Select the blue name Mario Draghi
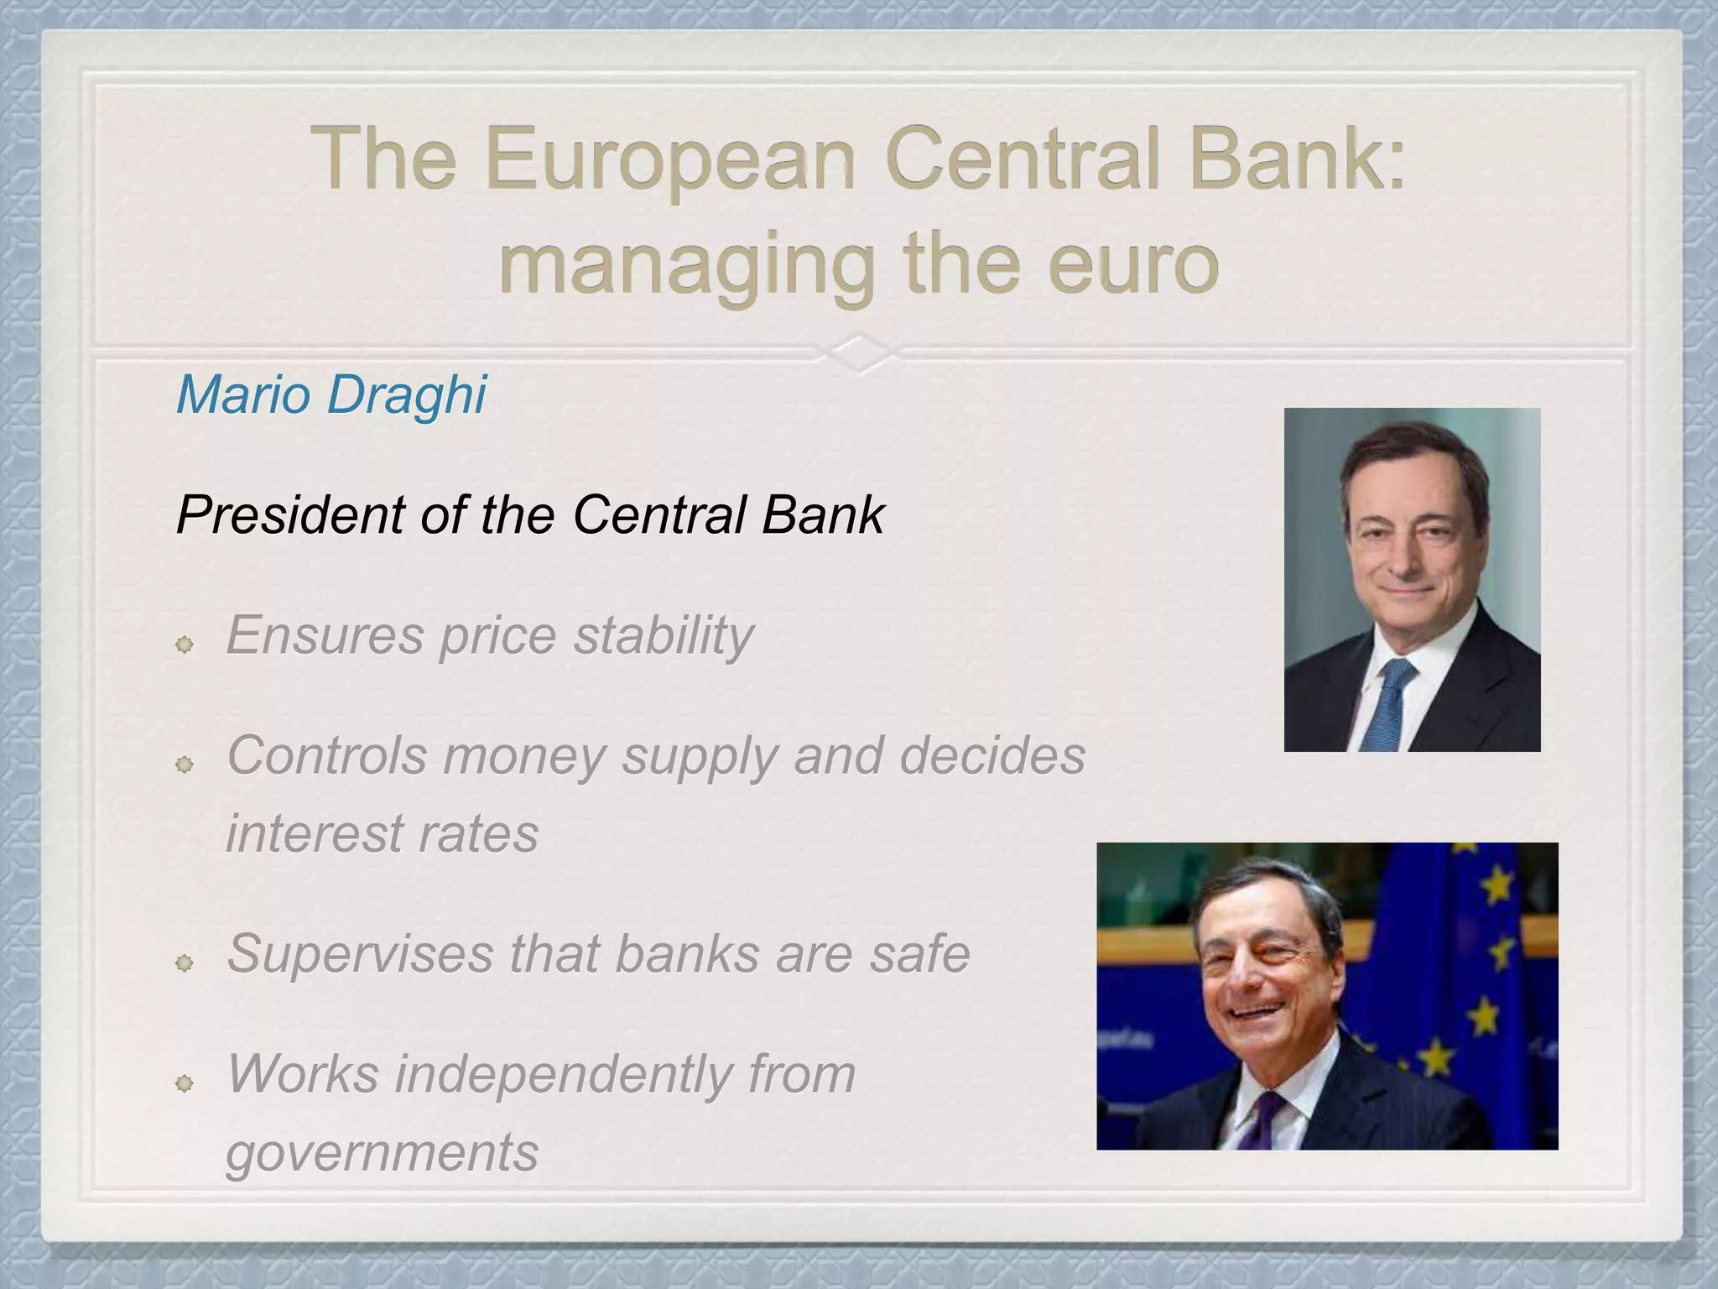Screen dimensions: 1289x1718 pyautogui.click(x=331, y=394)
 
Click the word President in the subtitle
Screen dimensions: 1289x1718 pyautogui.click(x=289, y=514)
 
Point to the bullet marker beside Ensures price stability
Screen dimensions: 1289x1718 pyautogui.click(x=185, y=644)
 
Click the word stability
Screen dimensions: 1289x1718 pyautogui.click(x=664, y=635)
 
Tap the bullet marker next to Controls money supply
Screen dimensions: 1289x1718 pyautogui.click(x=185, y=765)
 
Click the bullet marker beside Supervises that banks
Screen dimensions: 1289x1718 pyautogui.click(x=185, y=963)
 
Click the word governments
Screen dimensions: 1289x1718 pyautogui.click(x=382, y=1152)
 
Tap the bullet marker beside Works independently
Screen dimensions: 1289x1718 pyautogui.click(x=185, y=1083)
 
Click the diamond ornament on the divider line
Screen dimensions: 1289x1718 pyautogui.click(x=859, y=352)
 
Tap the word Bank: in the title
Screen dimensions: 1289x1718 pyautogui.click(x=1296, y=159)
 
